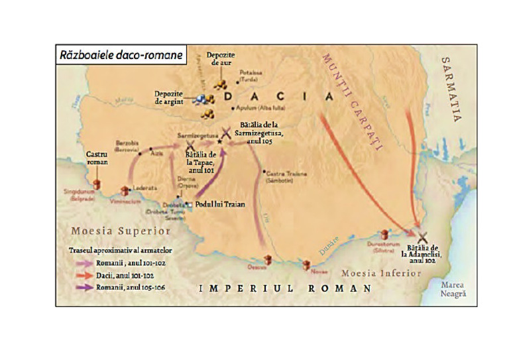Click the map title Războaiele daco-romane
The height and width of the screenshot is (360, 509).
coord(119,55)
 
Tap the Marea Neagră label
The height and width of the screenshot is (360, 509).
coord(455,288)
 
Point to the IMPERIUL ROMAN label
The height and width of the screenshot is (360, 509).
coord(286,288)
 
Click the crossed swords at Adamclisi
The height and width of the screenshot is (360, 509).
coord(422,235)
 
